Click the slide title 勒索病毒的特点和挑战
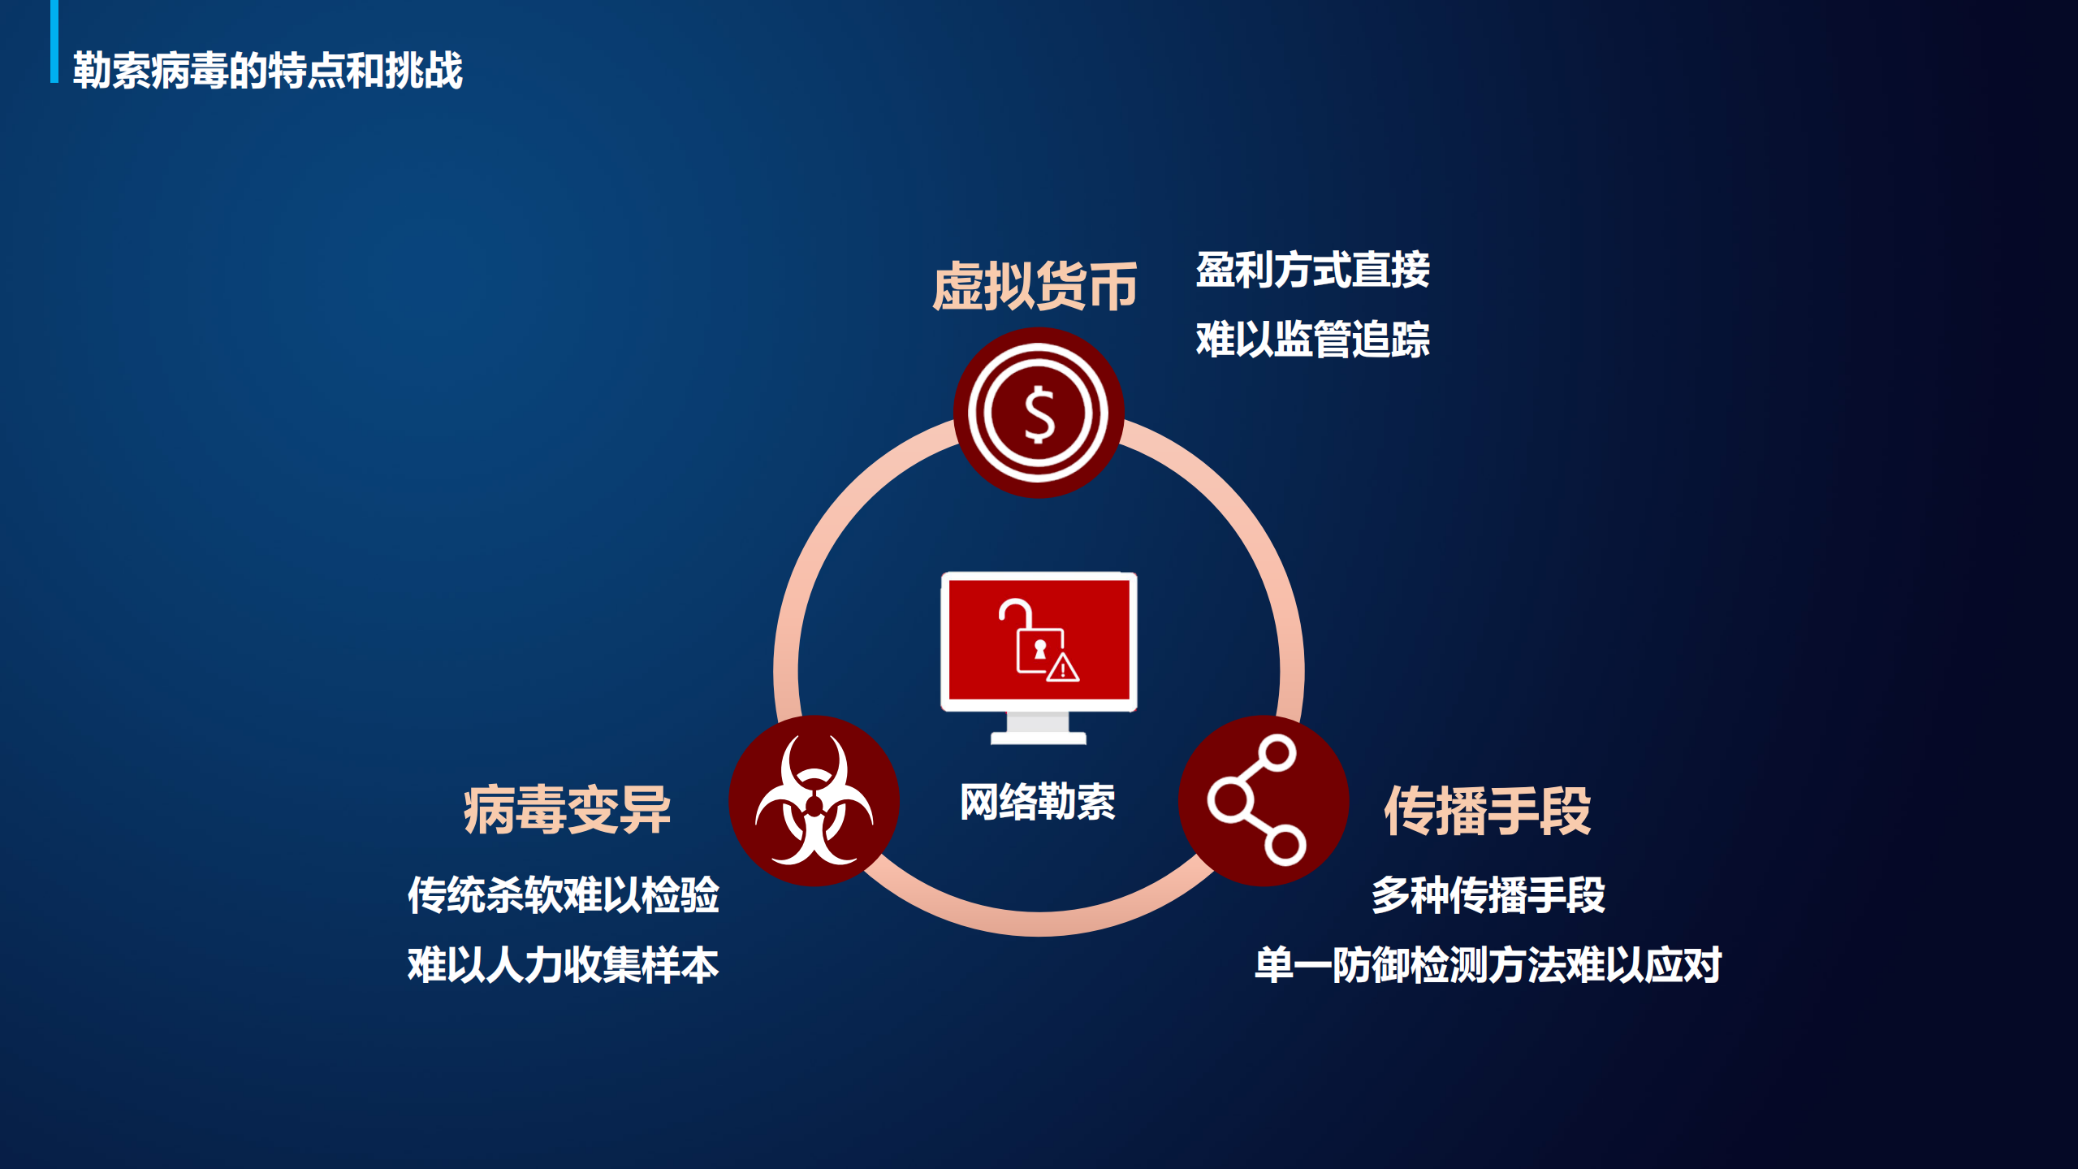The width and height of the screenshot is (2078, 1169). tap(267, 70)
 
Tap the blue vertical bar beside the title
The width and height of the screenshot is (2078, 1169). tap(54, 41)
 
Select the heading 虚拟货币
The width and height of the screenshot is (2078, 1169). tap(1035, 286)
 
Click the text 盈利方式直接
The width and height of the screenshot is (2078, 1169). tap(1312, 270)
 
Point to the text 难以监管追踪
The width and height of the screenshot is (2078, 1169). tap(1312, 339)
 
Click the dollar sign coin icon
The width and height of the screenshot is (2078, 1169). tap(1039, 413)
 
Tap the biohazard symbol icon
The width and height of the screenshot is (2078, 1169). tap(814, 800)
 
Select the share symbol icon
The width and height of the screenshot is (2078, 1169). tap(1264, 800)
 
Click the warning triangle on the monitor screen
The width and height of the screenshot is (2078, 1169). tap(1062, 669)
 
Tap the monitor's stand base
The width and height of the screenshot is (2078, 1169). tap(1038, 736)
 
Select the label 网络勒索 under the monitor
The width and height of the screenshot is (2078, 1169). tap(1038, 802)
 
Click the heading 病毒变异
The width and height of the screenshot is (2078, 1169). tap(567, 810)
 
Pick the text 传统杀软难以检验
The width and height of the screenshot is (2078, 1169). tap(563, 895)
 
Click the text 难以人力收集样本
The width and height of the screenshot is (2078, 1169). tap(563, 965)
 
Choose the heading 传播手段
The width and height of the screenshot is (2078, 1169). tap(1487, 810)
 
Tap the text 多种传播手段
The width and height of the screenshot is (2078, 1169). tap(1488, 895)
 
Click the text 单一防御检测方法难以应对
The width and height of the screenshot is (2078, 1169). tap(1488, 965)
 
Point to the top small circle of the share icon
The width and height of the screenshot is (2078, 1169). tap(1279, 752)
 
